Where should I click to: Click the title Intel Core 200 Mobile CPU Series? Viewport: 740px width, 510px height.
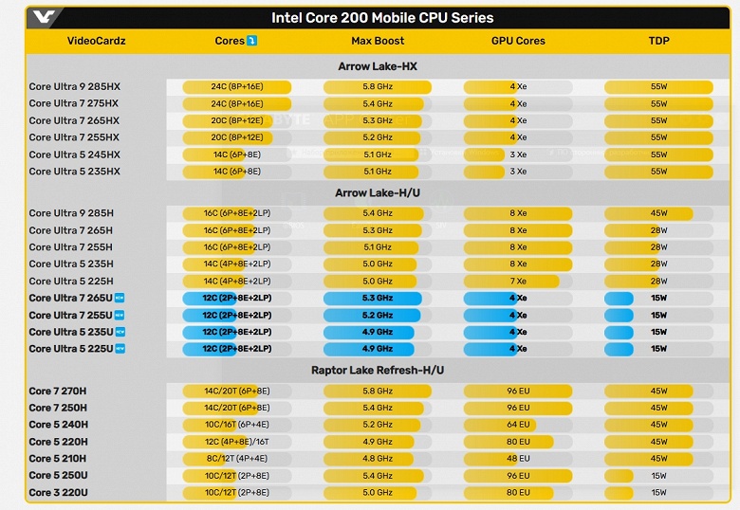pos(382,17)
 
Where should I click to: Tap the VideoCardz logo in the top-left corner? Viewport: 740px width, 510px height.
pos(45,17)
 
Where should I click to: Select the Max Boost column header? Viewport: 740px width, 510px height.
pos(378,41)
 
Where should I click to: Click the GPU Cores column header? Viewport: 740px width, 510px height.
pos(518,41)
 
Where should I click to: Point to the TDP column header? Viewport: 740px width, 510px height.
pos(658,41)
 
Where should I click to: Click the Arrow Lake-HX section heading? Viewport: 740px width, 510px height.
pos(377,66)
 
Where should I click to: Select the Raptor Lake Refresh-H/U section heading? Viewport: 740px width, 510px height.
pos(377,370)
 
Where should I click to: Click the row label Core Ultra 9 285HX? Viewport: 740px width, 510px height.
pos(75,87)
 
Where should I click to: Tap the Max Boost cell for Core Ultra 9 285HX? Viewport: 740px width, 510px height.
pos(378,87)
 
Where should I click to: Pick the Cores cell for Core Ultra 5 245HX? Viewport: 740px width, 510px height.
pos(237,155)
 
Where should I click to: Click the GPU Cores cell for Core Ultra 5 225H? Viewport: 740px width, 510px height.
pos(518,282)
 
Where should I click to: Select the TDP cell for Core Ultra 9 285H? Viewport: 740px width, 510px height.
pos(658,213)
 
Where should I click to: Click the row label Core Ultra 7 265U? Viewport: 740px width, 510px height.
pos(71,299)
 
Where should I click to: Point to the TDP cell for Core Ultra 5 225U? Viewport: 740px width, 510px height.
pos(658,349)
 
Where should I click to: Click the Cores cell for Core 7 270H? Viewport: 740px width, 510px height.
pos(237,391)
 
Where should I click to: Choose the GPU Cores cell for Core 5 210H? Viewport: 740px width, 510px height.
pos(518,458)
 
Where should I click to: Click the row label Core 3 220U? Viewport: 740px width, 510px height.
pos(59,493)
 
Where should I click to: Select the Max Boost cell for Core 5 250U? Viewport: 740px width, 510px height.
pos(378,476)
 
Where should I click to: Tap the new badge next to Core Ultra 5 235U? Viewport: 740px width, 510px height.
pos(120,332)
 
